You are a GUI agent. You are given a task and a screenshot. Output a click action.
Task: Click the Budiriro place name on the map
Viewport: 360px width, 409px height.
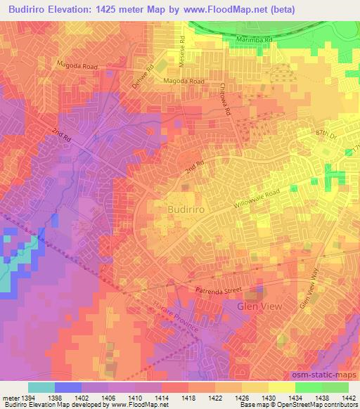pos(188,209)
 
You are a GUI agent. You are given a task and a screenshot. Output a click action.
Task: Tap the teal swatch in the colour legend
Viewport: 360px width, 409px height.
pos(41,387)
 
